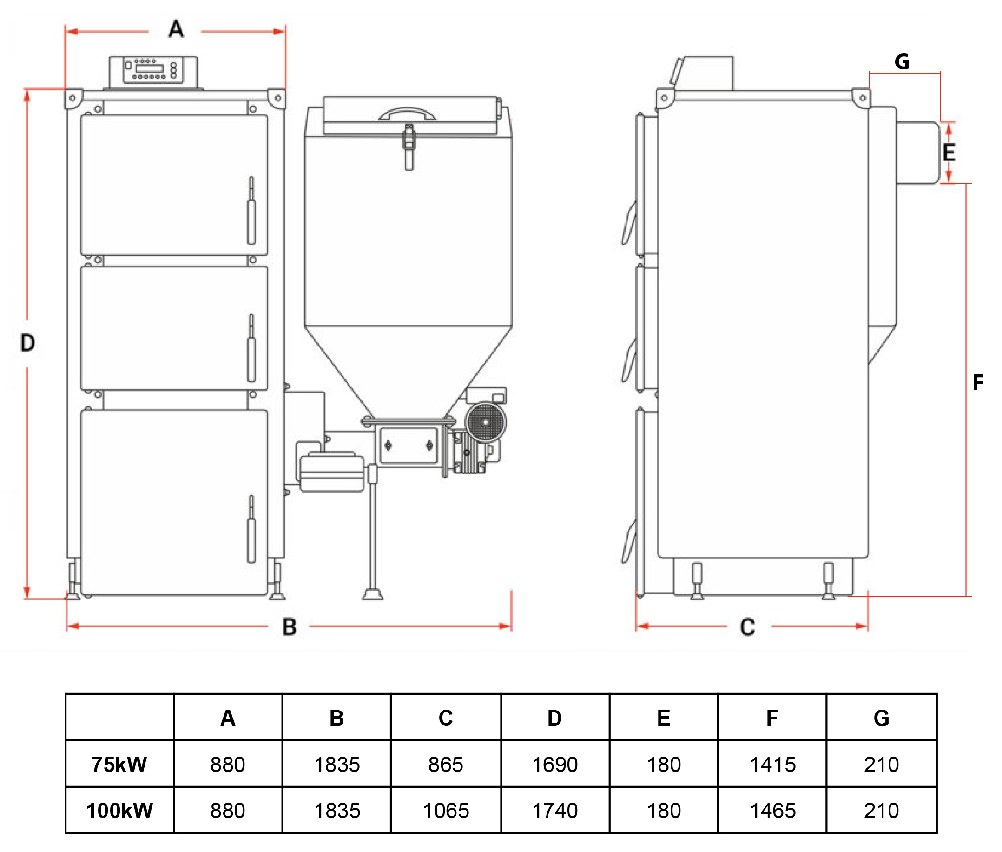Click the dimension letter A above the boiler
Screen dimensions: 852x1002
click(x=176, y=29)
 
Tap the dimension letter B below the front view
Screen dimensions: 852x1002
click(x=289, y=627)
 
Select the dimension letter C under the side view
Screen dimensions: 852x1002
click(x=747, y=627)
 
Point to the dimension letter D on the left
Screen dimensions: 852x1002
click(x=27, y=343)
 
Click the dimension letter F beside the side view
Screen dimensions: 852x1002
click(x=978, y=383)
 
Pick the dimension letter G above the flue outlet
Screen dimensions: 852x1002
click(x=902, y=62)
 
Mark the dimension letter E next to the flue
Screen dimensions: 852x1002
click(x=949, y=153)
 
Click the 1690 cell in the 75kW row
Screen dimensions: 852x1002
click(x=554, y=765)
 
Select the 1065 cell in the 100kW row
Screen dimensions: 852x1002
click(x=446, y=811)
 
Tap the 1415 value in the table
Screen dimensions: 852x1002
click(x=772, y=765)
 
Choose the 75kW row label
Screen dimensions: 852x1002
click(x=119, y=765)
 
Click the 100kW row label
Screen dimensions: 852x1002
click(x=119, y=811)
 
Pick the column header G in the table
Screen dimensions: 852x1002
click(x=881, y=718)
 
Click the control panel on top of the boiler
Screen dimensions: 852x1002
click(x=153, y=71)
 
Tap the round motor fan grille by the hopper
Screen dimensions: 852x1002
click(x=486, y=422)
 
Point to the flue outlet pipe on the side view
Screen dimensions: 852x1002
click(x=917, y=153)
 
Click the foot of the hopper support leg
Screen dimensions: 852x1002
click(x=373, y=594)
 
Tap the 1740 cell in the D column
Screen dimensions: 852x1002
click(x=554, y=811)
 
